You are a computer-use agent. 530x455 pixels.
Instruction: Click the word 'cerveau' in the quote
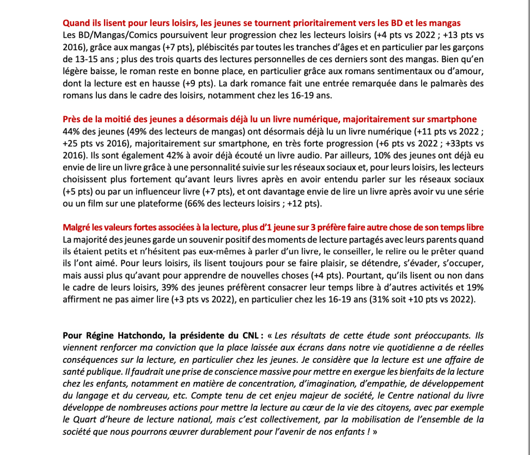point(140,395)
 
